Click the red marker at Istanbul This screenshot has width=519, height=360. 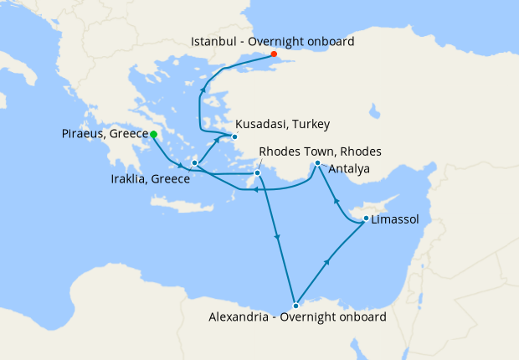pos(274,54)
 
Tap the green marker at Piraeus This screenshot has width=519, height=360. pos(153,134)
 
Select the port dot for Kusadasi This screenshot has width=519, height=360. pos(235,136)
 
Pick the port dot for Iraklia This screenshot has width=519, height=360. pos(194,163)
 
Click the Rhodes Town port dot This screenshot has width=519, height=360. pos(257,173)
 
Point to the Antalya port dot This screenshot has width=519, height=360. pos(317,163)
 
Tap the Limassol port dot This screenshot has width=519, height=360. pos(366,219)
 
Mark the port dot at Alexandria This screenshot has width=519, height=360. pos(295,305)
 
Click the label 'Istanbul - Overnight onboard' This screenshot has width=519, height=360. pos(273,40)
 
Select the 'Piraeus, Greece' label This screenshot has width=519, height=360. pos(105,134)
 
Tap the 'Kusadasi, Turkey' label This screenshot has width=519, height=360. pos(282,124)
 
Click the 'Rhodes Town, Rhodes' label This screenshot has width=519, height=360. pos(321,152)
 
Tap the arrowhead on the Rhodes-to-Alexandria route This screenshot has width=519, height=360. pos(277,239)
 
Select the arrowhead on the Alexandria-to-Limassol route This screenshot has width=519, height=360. pos(326,262)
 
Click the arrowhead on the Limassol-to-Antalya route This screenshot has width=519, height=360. pos(337,201)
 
